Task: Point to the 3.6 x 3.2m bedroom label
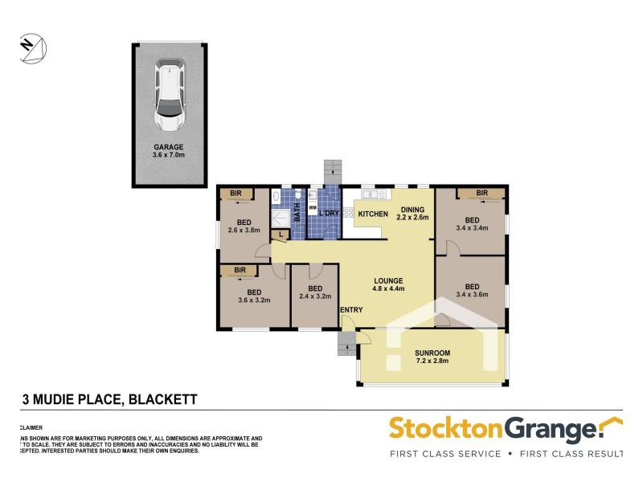coord(254,296)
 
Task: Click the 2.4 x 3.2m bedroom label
coord(315,293)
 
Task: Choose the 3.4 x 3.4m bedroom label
coord(472,225)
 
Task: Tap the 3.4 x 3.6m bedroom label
coord(472,291)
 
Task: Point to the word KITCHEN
coord(373,214)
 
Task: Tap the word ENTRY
coord(351,310)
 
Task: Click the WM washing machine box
coord(312,206)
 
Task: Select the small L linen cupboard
coord(281,235)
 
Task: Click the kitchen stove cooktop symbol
coord(350,213)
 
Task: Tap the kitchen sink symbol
coord(373,194)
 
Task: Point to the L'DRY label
coord(330,214)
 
